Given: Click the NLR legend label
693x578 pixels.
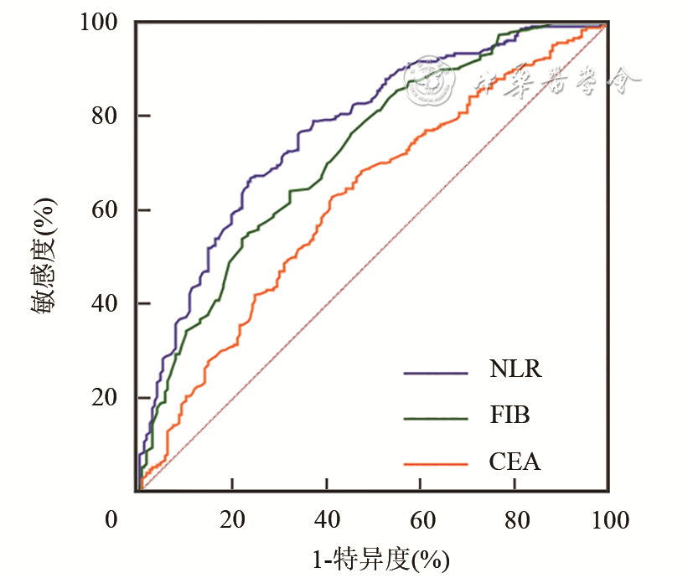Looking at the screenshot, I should pyautogui.click(x=515, y=370).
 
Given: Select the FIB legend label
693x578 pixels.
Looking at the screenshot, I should pyautogui.click(x=510, y=415).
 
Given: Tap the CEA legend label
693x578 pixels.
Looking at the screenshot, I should pyautogui.click(x=514, y=462).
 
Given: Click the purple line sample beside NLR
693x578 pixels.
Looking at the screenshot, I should pyautogui.click(x=435, y=372).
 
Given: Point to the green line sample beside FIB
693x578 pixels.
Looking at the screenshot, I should pyautogui.click(x=435, y=417).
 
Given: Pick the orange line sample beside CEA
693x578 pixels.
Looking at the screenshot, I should pyautogui.click(x=435, y=463).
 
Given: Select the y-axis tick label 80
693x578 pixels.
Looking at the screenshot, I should pyautogui.click(x=109, y=116).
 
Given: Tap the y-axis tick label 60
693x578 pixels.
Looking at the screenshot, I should pyautogui.click(x=109, y=209).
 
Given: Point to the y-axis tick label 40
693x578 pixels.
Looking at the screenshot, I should pyautogui.click(x=109, y=303).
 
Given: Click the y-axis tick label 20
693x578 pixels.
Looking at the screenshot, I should pyautogui.click(x=109, y=397).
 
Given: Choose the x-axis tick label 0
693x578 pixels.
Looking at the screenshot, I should pyautogui.click(x=111, y=520).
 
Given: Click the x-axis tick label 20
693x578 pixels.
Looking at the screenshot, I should pyautogui.click(x=232, y=520).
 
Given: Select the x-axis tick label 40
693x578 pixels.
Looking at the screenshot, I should pyautogui.click(x=327, y=520).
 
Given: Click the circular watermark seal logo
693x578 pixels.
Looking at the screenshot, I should pyautogui.click(x=432, y=80).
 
